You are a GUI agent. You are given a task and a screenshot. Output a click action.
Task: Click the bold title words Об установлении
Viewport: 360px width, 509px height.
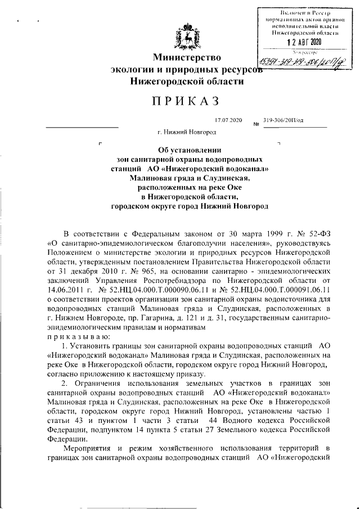190,150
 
